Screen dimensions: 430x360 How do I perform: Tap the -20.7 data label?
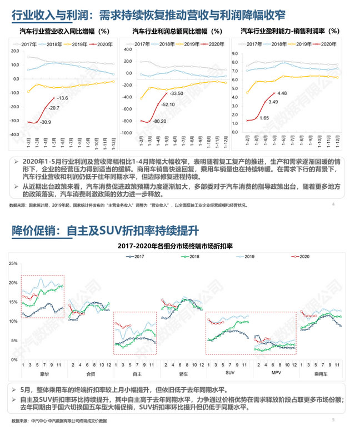click(54, 107)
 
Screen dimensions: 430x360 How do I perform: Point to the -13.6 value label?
click(62, 98)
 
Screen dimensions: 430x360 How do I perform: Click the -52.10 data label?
click(168, 104)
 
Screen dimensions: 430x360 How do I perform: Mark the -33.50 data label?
click(177, 93)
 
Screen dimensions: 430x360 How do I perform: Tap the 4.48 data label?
click(282, 93)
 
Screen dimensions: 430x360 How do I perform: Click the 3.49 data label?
click(273, 102)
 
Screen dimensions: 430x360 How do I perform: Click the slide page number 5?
click(333, 419)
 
